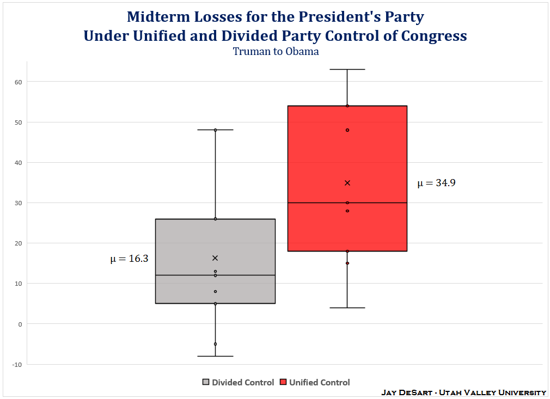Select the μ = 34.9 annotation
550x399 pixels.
(436, 183)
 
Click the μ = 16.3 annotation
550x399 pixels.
(129, 259)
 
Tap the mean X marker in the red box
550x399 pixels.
(347, 183)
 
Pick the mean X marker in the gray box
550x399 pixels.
(215, 258)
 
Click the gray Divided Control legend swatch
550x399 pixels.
(206, 382)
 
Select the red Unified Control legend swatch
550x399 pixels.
(283, 382)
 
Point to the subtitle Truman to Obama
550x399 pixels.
(276, 52)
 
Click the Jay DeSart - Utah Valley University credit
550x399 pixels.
(463, 392)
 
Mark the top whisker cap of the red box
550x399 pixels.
(347, 69)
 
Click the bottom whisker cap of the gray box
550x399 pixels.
(215, 356)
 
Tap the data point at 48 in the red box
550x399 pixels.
(347, 130)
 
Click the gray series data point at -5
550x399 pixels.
(215, 344)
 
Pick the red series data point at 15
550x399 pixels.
(347, 263)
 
